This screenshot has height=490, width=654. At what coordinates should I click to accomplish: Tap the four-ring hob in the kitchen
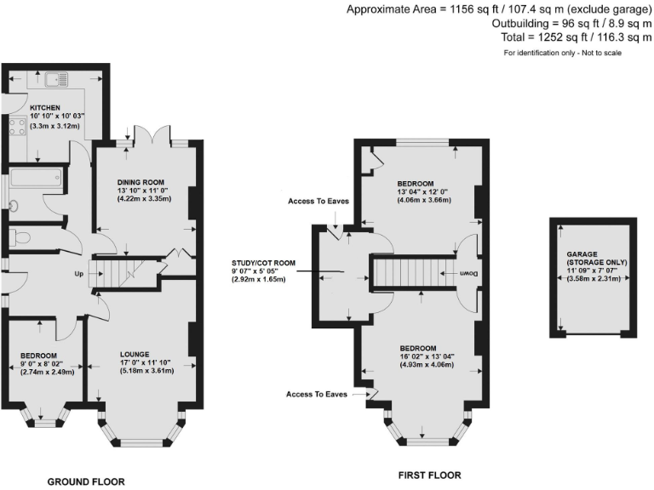(17, 128)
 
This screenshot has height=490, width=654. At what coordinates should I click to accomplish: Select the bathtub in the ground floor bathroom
(34, 179)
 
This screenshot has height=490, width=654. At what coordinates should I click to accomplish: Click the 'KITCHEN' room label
(45, 107)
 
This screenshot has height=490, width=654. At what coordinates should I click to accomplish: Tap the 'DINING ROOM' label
(141, 182)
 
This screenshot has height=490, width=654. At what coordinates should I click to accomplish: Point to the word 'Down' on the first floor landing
(468, 274)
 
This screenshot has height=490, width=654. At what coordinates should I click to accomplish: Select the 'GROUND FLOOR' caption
(85, 481)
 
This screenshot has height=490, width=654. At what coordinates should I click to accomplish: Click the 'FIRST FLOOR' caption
(429, 475)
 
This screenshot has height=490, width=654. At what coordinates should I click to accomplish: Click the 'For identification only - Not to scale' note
(563, 53)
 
